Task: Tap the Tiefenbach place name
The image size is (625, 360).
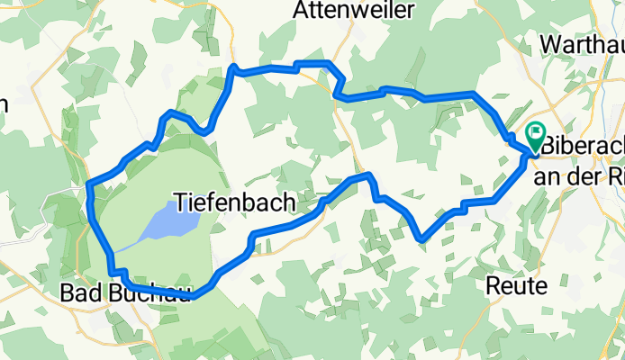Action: (x=232, y=202)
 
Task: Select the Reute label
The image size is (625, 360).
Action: (x=516, y=287)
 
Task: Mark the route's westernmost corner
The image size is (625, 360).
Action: (x=88, y=186)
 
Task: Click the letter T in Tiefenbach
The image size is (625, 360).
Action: (x=178, y=202)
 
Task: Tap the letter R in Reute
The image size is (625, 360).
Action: (x=493, y=287)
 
